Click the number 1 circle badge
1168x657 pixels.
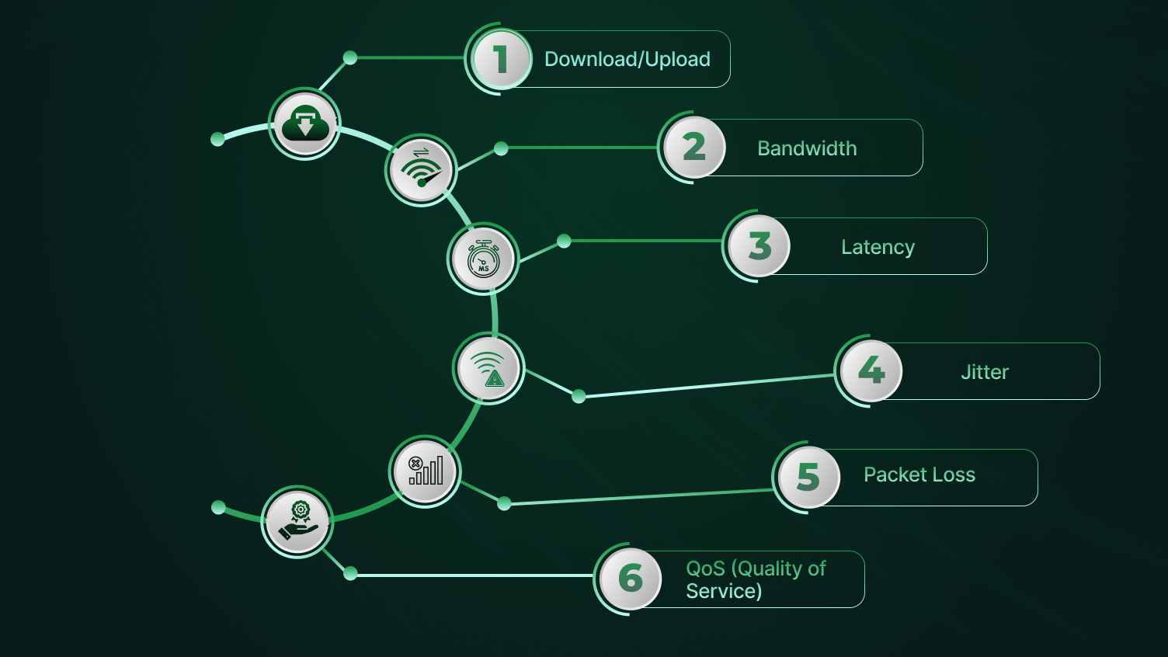[x=502, y=59]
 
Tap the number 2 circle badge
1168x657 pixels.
[x=694, y=148]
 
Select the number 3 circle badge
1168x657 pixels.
[x=760, y=246]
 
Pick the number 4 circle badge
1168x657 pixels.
[x=871, y=371]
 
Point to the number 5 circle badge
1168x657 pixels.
[x=808, y=477]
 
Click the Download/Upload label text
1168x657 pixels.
[x=627, y=59]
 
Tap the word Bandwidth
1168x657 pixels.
[x=807, y=148]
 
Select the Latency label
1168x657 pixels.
[x=878, y=247]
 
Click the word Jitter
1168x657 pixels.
[x=984, y=372]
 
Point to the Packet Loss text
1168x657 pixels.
[x=919, y=474]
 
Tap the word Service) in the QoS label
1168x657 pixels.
[x=723, y=591]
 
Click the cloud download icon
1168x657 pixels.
[x=305, y=123]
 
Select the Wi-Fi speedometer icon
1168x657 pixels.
[x=421, y=170]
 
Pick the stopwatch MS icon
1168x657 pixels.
[x=483, y=259]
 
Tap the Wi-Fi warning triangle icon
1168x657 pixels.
[x=488, y=368]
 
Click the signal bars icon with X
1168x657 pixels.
[x=425, y=471]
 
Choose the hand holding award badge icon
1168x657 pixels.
[x=297, y=521]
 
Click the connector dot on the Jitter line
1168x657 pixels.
[x=579, y=397]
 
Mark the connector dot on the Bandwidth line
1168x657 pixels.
[x=501, y=148]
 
